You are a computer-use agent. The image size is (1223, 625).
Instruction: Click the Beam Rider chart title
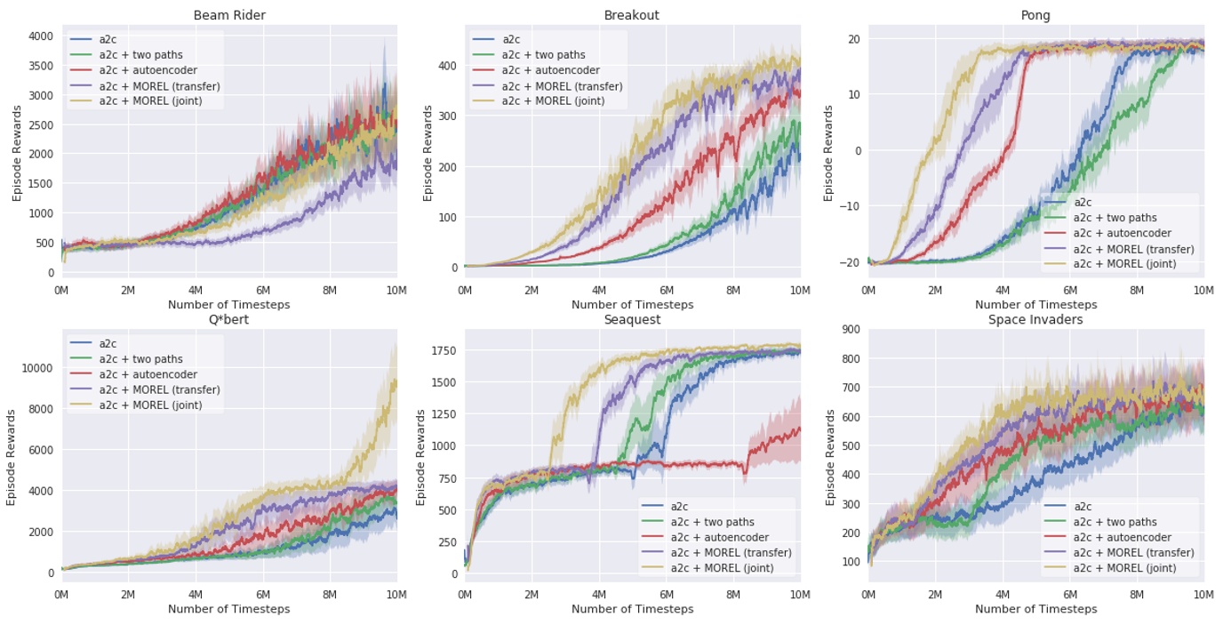point(228,15)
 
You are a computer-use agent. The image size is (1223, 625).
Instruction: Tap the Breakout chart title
point(632,15)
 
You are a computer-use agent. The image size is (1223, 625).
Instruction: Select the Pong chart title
point(1035,15)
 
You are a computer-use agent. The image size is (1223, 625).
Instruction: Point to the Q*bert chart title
point(228,319)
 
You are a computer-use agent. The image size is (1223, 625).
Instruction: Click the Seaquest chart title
point(632,319)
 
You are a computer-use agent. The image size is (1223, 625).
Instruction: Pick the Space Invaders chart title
point(1035,319)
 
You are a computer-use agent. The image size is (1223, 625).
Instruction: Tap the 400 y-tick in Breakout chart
point(449,66)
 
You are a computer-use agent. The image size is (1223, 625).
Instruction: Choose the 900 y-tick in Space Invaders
point(849,330)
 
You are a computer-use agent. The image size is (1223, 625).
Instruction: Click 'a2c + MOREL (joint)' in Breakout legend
point(553,101)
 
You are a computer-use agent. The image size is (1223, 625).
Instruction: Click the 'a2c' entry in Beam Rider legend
point(108,40)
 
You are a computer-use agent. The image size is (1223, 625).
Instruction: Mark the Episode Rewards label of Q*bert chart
point(11,457)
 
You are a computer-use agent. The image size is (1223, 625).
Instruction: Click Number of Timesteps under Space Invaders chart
point(1035,609)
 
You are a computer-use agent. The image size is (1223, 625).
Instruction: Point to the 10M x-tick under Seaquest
point(800,593)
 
